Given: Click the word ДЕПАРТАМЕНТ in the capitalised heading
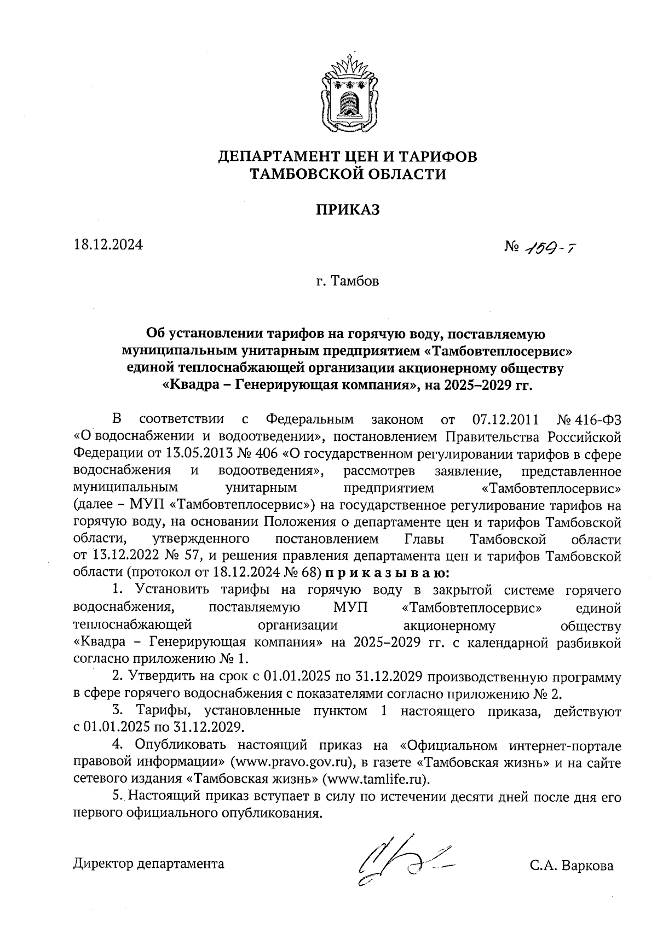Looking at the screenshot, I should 278,157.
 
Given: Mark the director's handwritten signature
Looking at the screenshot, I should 402,861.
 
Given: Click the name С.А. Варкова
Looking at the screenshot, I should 571,866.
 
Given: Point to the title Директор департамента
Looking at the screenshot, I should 149,864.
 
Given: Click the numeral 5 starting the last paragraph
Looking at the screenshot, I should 115,797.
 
